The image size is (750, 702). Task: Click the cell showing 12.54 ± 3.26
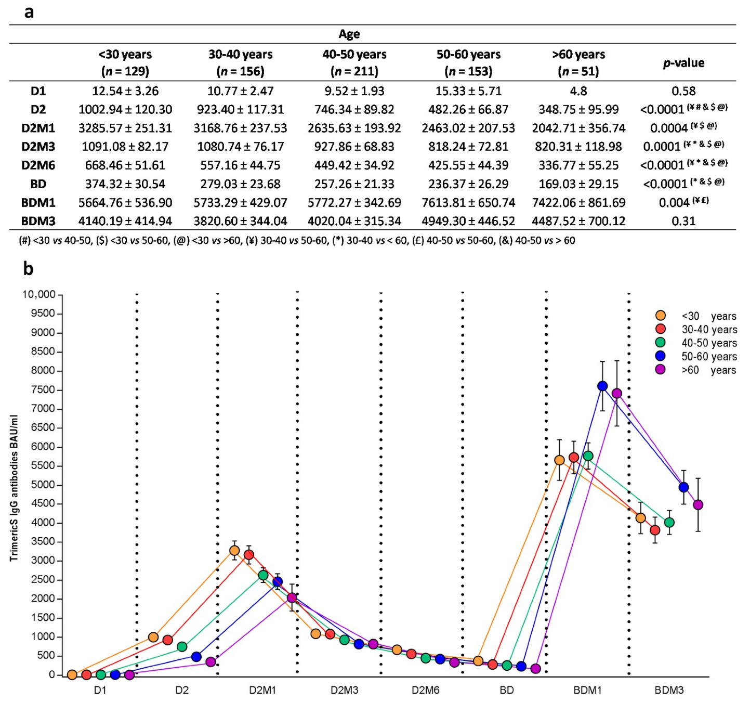pyautogui.click(x=125, y=91)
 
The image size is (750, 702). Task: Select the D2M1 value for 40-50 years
pyautogui.click(x=354, y=128)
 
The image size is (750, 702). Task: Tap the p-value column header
pyautogui.click(x=683, y=63)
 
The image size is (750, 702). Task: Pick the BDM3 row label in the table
pyautogui.click(x=38, y=221)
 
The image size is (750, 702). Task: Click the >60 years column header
pyautogui.click(x=578, y=62)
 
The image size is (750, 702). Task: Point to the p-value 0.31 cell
pyautogui.click(x=683, y=221)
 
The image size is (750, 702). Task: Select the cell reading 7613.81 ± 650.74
pyautogui.click(x=468, y=202)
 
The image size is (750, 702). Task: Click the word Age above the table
pyautogui.click(x=349, y=34)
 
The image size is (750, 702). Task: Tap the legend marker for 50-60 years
pyautogui.click(x=660, y=356)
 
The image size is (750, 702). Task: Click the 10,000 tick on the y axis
pyautogui.click(x=38, y=294)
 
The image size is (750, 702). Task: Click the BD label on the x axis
pyautogui.click(x=506, y=690)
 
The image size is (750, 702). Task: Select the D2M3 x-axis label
pyautogui.click(x=344, y=690)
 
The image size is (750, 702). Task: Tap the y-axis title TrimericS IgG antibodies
pyautogui.click(x=14, y=488)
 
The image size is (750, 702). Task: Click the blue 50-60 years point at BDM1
pyautogui.click(x=602, y=386)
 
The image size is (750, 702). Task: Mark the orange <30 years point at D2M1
pyautogui.click(x=234, y=550)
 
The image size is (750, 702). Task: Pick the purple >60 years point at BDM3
pyautogui.click(x=698, y=505)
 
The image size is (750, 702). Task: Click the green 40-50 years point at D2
pyautogui.click(x=182, y=647)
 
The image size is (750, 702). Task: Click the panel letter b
pyautogui.click(x=28, y=269)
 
